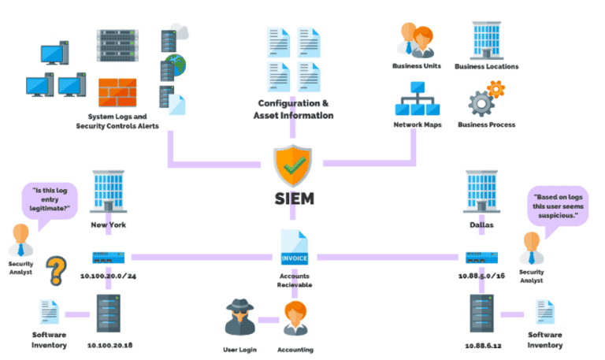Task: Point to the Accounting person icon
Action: (295, 320)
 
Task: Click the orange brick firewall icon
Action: (118, 94)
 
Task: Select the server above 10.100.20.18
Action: (107, 314)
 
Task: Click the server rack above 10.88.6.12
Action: (481, 314)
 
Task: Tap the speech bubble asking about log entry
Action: (50, 200)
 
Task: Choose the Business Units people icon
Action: (417, 39)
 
